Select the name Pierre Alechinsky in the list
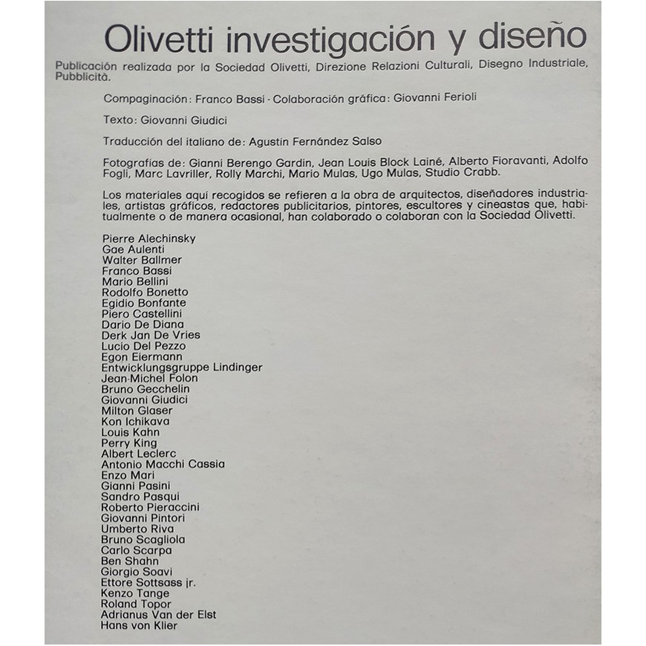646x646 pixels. point(149,238)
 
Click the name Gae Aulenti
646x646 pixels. point(134,249)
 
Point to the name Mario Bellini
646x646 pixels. point(135,281)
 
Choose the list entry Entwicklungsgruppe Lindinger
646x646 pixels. point(182,368)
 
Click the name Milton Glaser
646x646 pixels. point(137,411)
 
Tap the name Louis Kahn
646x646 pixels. point(131,432)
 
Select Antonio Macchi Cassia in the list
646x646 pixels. point(163,464)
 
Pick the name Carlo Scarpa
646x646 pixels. point(137,550)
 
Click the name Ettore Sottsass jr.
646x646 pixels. point(149,583)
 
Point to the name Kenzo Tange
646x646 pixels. point(135,593)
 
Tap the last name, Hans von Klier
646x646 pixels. point(139,626)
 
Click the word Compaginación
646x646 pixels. point(146,97)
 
